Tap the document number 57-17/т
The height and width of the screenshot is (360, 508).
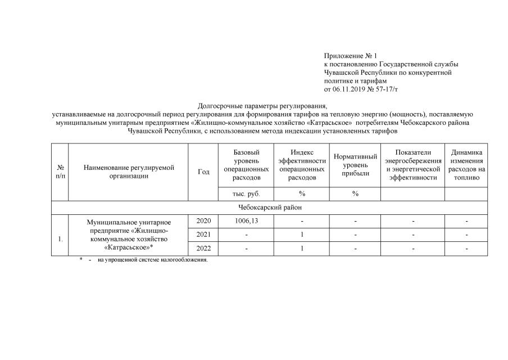click(x=387, y=89)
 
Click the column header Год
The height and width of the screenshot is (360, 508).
click(x=203, y=172)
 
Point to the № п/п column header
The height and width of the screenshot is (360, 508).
click(x=60, y=172)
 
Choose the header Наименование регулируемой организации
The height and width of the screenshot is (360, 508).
click(x=129, y=172)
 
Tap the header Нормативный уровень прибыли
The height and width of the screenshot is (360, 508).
click(x=355, y=165)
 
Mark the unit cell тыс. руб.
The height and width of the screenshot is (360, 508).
click(x=246, y=194)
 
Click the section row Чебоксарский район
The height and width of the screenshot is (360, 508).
click(x=269, y=208)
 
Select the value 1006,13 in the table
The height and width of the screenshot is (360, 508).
click(x=246, y=221)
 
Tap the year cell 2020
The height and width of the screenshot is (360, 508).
click(x=203, y=221)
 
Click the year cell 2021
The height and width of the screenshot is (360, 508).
click(x=203, y=235)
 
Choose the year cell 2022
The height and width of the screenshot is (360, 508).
click(x=203, y=249)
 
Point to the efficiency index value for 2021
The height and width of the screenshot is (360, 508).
click(x=302, y=235)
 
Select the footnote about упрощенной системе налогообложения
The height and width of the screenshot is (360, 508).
click(x=152, y=260)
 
